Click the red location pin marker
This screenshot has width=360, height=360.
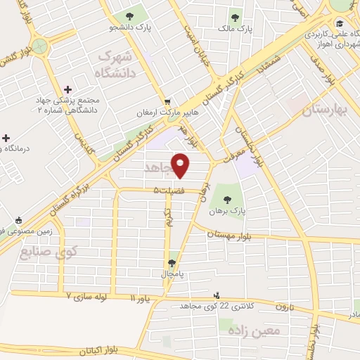tap(181, 166)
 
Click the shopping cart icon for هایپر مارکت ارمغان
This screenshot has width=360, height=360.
tap(167, 101)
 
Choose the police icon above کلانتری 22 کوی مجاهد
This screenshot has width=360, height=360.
tap(217, 295)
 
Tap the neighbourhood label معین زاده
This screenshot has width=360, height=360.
tap(254, 329)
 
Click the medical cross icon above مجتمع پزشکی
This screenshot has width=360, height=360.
tap(67, 89)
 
